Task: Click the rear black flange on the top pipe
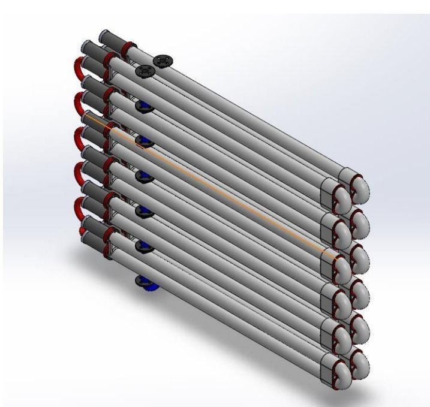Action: pyautogui.click(x=163, y=60)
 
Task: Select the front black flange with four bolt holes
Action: pyautogui.click(x=146, y=72)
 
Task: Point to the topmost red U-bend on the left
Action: pyautogui.click(x=77, y=66)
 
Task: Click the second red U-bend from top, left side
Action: pyautogui.click(x=77, y=102)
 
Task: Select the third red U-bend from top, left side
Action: pyautogui.click(x=77, y=138)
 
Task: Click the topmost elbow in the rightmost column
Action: pyautogui.click(x=360, y=189)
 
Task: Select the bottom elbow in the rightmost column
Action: pyautogui.click(x=360, y=363)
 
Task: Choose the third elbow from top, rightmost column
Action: pyautogui.click(x=360, y=257)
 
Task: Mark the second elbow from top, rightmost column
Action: pyautogui.click(x=360, y=222)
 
